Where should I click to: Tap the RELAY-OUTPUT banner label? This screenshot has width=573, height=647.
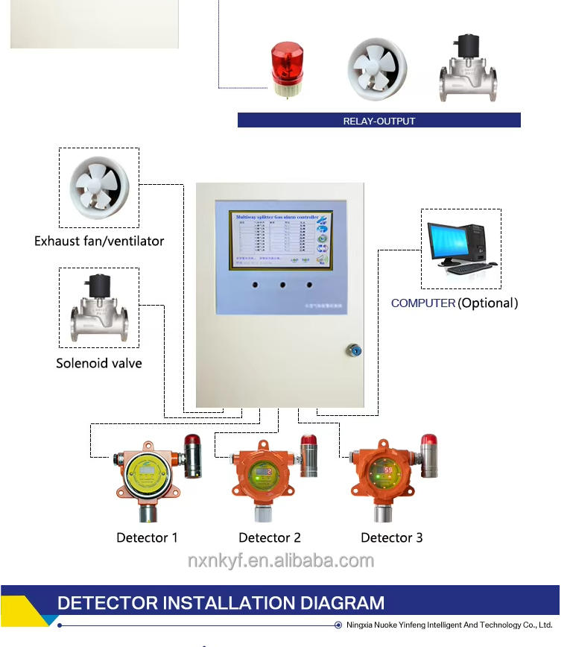point(379,121)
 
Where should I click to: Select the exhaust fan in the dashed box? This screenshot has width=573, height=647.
point(99,187)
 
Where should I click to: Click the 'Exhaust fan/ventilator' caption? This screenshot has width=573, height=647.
point(99,241)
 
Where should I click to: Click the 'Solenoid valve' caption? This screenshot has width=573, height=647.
point(99,363)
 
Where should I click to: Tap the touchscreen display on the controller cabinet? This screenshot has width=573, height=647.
point(279,240)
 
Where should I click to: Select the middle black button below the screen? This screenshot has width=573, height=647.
point(282,284)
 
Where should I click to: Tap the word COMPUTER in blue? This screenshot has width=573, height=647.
point(423,303)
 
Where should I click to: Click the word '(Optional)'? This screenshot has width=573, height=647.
point(487,303)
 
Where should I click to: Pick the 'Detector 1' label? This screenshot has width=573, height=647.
point(147,537)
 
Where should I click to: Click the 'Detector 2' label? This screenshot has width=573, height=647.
point(270,537)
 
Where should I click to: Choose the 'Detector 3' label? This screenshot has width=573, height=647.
point(392,537)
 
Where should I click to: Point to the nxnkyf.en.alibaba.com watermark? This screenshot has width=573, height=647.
point(280,561)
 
